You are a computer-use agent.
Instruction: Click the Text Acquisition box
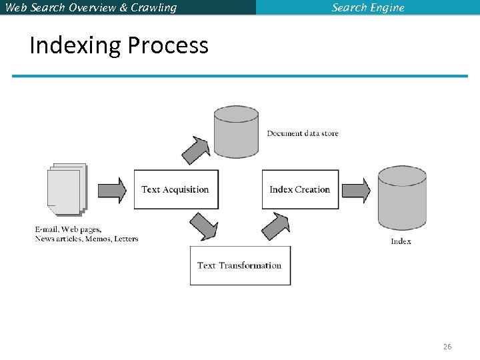[176, 189]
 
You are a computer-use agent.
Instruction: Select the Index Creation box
[300, 189]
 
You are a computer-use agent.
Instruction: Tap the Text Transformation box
[240, 265]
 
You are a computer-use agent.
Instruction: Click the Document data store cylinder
[236, 132]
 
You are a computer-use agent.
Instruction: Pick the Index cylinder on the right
[402, 198]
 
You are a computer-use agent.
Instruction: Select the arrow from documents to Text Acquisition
[112, 190]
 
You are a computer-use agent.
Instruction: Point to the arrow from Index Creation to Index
[357, 190]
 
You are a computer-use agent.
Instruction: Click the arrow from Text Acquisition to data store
[197, 150]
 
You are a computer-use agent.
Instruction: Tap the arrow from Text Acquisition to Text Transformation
[203, 227]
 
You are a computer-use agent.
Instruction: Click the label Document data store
[303, 133]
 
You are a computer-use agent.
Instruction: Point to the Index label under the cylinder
[401, 241]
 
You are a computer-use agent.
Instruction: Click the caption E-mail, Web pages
[68, 230]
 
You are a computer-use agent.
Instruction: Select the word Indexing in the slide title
[75, 45]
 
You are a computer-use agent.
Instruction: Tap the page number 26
[447, 347]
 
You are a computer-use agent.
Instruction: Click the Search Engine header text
[368, 8]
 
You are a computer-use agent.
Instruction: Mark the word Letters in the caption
[126, 239]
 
